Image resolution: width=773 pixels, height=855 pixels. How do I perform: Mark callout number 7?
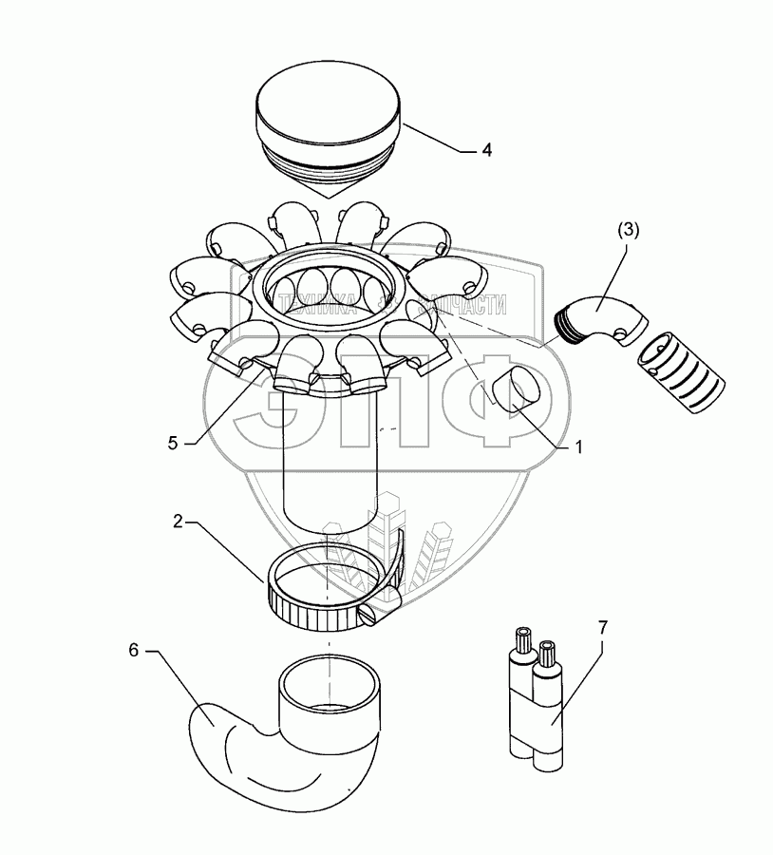tap(604, 627)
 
